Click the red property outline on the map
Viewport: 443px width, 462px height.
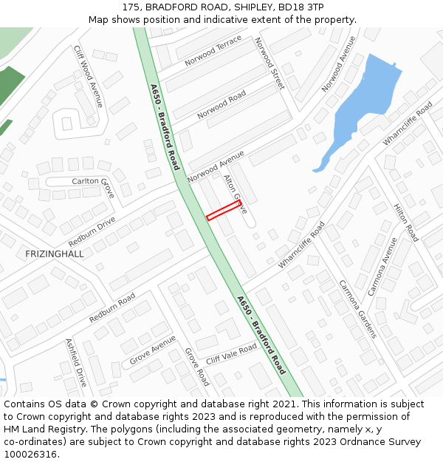point(224,211)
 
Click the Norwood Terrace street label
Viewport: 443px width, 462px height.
point(213,50)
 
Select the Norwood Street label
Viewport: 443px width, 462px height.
point(269,64)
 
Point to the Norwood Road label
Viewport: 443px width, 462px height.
point(221,105)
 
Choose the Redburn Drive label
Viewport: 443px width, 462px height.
point(92,232)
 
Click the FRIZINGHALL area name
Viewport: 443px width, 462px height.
point(55,254)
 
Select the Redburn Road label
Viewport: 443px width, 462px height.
point(112,308)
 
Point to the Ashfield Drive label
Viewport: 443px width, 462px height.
point(76,362)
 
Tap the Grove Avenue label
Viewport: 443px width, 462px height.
point(153,350)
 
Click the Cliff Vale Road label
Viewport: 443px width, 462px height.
point(231,353)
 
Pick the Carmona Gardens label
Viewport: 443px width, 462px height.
point(357,309)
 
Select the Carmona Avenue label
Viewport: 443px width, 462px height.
point(382,266)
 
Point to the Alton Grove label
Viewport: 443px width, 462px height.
point(235,194)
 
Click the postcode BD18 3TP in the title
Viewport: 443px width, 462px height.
point(301,7)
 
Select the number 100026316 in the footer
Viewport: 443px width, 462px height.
point(32,455)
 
